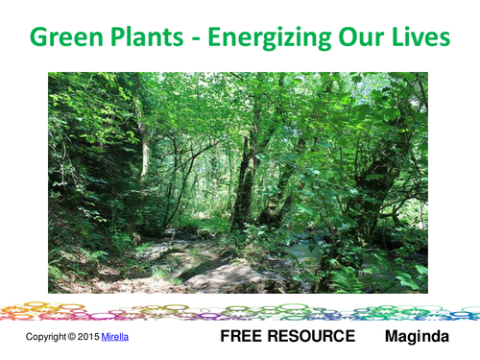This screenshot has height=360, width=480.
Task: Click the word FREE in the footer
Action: coord(245,337)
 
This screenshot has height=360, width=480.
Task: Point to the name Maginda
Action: coord(417,337)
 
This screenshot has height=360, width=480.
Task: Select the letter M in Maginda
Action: coord(392,337)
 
